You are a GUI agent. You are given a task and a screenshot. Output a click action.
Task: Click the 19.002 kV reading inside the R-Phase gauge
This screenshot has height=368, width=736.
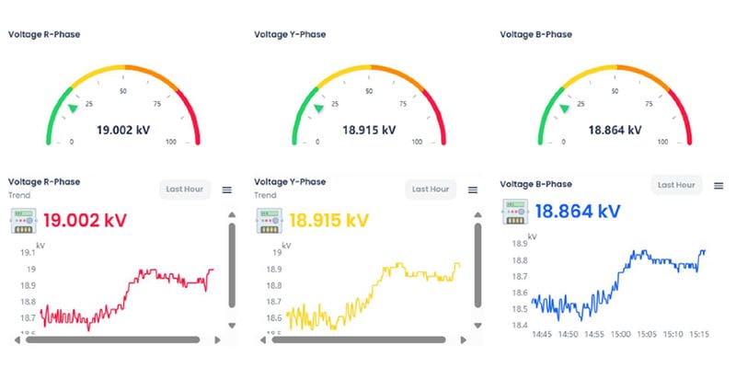pos(123,130)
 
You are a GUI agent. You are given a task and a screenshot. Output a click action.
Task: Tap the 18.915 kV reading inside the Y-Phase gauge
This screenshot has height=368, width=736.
pos(368,130)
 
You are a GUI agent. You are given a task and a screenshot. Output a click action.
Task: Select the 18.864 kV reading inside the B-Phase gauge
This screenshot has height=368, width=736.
pos(614,130)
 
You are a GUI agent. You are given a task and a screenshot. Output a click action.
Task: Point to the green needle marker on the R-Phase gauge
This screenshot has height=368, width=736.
pos(73,109)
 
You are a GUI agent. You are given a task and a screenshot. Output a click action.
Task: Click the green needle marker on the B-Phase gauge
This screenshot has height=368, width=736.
pos(564,109)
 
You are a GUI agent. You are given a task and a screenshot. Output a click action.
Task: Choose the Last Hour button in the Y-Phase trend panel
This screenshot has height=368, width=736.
pos(431,190)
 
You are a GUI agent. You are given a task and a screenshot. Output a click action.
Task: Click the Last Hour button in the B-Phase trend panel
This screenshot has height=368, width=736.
pos(676,185)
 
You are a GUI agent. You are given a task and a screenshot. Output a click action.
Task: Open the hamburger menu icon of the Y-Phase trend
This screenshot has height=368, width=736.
pos(473,190)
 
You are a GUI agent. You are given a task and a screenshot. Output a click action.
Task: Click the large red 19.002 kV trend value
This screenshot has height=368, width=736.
pos(85,221)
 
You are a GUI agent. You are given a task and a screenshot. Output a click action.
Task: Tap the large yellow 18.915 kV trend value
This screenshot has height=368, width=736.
pos(328,221)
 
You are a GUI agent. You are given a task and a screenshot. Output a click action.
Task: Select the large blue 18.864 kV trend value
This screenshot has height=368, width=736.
pos(577,211)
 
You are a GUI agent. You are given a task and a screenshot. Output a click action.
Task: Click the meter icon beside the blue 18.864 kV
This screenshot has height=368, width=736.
pos(515,211)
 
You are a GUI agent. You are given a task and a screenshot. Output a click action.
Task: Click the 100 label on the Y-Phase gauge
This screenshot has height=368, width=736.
pos(417,143)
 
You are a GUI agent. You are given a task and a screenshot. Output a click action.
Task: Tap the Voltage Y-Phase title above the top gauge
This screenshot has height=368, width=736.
pos(290,35)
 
